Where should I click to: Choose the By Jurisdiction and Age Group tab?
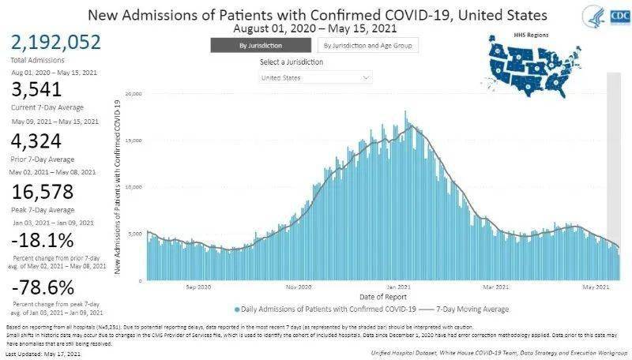368,45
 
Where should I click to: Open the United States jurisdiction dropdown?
315,78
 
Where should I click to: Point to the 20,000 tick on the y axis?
134,94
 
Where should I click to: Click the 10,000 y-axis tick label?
134,187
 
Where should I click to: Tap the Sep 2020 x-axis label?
198,287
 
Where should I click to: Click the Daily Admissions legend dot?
236,309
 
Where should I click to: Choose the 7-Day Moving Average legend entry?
471,309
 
